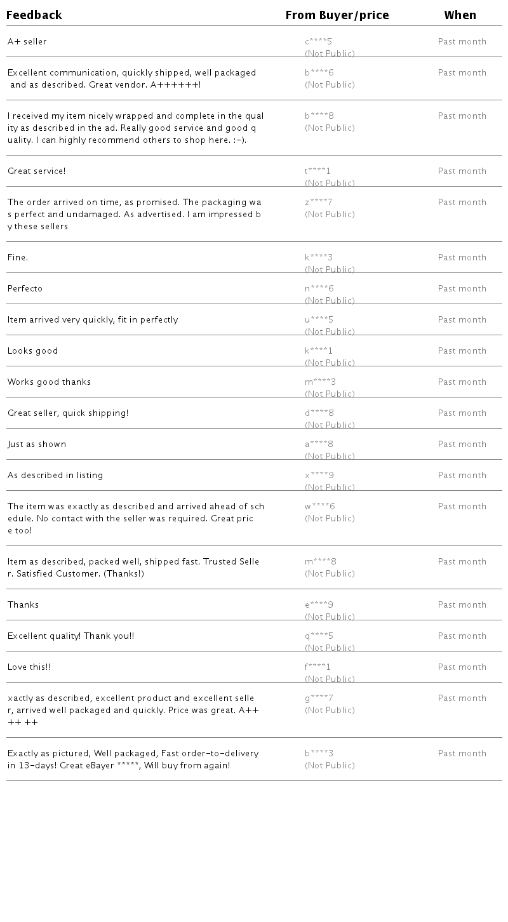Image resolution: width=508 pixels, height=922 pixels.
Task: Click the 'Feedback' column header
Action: point(34,15)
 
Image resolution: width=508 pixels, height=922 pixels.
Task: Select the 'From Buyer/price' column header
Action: point(337,15)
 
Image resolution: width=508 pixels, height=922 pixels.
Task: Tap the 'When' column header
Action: point(460,15)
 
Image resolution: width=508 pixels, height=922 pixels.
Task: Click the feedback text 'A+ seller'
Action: point(27,42)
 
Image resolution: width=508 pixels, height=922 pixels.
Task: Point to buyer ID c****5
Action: point(318,42)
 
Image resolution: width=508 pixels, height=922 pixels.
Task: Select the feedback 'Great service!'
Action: point(37,171)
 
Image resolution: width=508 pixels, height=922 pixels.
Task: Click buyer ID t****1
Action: point(317,171)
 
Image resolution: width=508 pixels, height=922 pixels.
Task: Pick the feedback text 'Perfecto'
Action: point(25,289)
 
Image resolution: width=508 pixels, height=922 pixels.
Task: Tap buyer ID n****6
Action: point(319,289)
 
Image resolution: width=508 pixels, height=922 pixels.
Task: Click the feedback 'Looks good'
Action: point(33,351)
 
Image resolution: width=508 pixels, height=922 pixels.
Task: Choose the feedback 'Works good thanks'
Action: point(50,382)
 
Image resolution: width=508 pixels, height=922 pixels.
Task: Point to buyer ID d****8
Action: point(319,413)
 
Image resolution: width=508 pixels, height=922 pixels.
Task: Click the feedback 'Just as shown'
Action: point(37,444)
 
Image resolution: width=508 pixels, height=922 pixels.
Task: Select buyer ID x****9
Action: point(319,476)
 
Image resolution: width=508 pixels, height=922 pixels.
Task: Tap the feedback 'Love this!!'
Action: point(29,667)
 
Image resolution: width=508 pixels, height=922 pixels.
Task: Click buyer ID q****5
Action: point(319,636)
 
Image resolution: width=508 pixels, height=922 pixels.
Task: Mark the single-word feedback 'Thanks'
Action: point(23,605)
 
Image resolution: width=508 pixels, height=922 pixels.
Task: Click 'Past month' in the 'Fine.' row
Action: point(462,258)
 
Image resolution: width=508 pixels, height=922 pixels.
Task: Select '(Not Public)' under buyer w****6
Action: point(330,519)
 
